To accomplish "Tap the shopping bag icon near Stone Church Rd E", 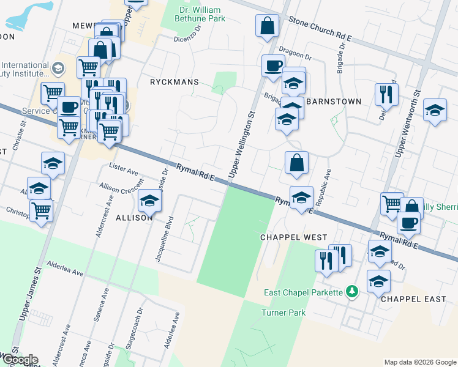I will [268, 26].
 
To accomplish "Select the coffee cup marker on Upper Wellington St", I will [273, 65].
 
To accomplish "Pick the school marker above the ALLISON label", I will [149, 200].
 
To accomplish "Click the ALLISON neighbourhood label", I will [133, 218].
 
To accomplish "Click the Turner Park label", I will [283, 313].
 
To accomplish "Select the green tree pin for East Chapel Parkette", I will [351, 292].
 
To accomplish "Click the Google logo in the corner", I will [20, 360].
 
